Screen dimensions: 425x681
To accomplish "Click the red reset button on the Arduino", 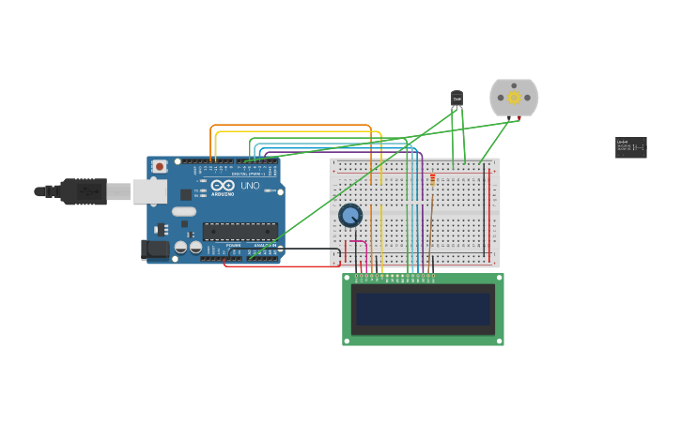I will click(160, 166).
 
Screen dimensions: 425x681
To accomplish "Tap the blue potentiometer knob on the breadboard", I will click(350, 216).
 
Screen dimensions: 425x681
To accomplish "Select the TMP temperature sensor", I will click(457, 99).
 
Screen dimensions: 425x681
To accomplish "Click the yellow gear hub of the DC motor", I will click(514, 98).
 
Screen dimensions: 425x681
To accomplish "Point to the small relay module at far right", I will click(630, 147).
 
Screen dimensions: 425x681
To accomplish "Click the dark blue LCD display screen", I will click(423, 309).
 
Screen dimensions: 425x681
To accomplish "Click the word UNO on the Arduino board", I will click(250, 186).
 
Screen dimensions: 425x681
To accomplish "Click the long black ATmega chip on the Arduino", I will click(240, 231).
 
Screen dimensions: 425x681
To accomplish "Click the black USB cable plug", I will click(84, 191).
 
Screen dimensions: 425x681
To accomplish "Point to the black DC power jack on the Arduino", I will click(155, 250).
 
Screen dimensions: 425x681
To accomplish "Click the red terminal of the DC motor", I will click(518, 118).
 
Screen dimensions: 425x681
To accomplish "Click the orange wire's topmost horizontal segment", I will click(291, 125).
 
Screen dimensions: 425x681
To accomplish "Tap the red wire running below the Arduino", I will click(282, 266).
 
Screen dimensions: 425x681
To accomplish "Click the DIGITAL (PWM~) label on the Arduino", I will click(248, 174).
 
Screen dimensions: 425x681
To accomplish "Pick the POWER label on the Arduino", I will click(234, 246).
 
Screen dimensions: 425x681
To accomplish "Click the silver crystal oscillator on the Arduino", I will click(184, 211).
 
